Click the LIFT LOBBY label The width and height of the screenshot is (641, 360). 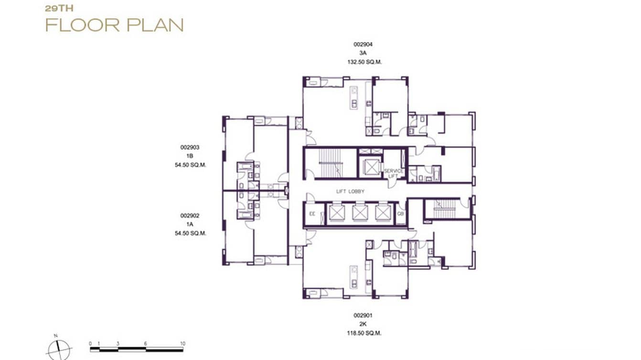[350, 191]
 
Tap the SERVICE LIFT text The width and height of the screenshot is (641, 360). [394, 173]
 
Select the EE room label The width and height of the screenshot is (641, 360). [312, 214]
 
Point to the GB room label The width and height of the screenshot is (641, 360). [400, 214]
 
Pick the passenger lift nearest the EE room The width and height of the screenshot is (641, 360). [336, 213]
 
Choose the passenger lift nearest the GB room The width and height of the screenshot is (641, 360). [383, 213]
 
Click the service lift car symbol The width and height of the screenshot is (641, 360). [370, 166]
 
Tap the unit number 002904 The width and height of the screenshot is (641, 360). [363, 44]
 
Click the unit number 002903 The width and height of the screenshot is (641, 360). [190, 148]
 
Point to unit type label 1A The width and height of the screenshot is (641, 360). [190, 224]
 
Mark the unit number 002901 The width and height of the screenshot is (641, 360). [363, 316]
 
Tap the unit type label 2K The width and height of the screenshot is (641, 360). [363, 325]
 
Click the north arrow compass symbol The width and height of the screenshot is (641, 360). [59, 349]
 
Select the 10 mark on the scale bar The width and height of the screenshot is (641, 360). [182, 344]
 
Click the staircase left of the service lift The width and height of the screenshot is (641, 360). [331, 163]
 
